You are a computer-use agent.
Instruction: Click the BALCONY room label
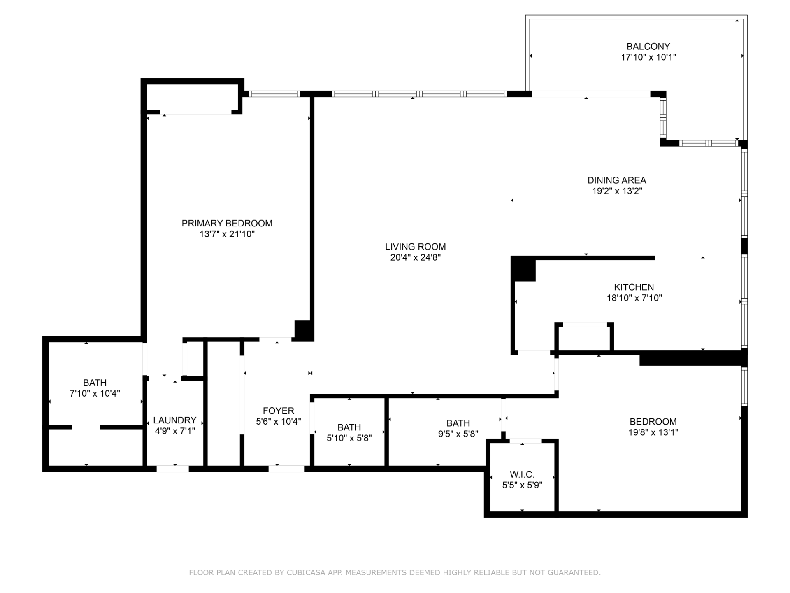[648, 47]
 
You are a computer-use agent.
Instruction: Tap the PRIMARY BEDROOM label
[227, 223]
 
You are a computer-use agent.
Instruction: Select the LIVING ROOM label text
[415, 247]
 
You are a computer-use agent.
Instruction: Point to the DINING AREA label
[616, 180]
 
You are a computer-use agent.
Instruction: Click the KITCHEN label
[634, 287]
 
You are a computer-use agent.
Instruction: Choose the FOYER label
[279, 411]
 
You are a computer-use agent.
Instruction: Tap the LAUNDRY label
[174, 420]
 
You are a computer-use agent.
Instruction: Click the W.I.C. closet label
[522, 474]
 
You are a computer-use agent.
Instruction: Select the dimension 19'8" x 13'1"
[653, 432]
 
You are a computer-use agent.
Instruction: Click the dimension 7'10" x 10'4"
[95, 393]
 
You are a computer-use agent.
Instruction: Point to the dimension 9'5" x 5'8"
[458, 434]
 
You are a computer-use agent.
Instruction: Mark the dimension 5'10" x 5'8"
[349, 438]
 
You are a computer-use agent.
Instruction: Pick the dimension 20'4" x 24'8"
[415, 257]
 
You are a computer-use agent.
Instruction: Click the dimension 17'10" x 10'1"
[648, 57]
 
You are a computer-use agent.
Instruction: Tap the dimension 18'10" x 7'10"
[634, 298]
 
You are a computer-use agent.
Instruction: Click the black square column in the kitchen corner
[523, 269]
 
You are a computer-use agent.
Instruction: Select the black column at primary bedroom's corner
[304, 331]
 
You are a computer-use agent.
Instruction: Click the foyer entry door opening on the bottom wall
[286, 469]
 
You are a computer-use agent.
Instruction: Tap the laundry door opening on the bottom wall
[172, 469]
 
